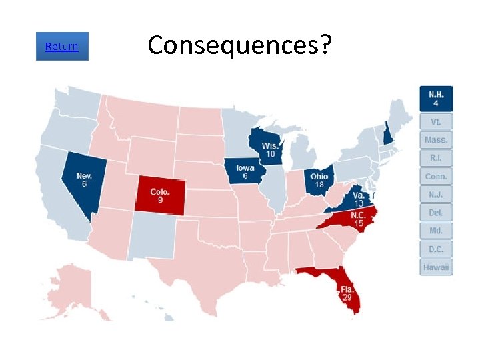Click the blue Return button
pos(62,47)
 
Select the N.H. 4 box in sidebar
pos(436,99)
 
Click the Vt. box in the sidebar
pos(436,122)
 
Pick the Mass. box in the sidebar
pos(436,140)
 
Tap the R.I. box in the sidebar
pos(436,158)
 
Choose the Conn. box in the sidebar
pos(436,177)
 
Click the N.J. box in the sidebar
pos(436,195)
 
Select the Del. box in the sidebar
pos(436,213)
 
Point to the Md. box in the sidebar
pos(436,231)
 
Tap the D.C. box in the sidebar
pos(436,249)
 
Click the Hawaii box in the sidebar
pos(436,267)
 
